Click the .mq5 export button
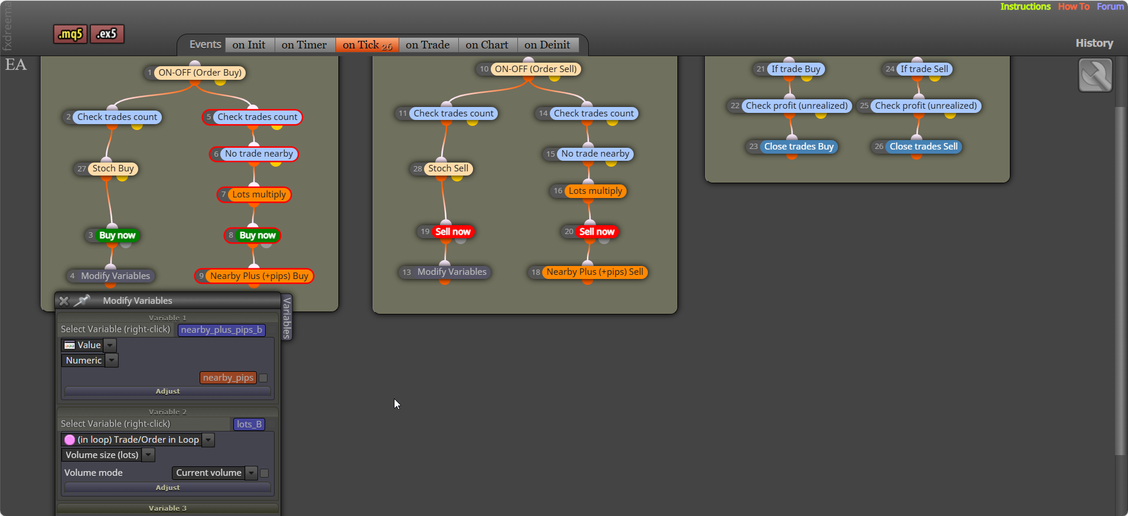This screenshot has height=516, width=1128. (70, 34)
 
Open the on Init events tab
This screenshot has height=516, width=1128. (249, 45)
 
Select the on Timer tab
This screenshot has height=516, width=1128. (304, 45)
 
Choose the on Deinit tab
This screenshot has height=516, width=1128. (547, 45)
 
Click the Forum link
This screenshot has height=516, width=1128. (1110, 7)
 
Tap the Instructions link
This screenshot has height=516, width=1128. (1025, 7)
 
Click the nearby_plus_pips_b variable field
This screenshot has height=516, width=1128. (221, 330)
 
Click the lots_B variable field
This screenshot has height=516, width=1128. (249, 424)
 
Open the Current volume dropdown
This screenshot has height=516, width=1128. (215, 473)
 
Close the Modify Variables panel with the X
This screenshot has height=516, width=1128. (64, 301)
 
